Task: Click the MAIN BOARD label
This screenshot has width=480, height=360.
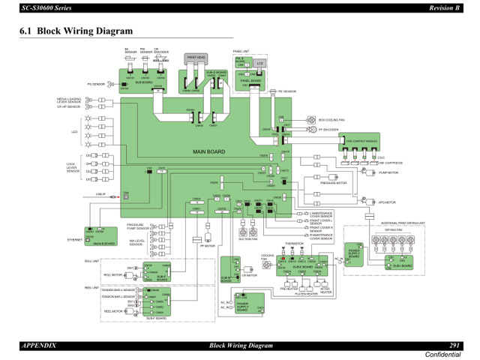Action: click(208, 152)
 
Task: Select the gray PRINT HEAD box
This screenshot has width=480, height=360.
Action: click(196, 56)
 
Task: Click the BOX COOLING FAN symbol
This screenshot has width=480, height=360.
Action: click(310, 119)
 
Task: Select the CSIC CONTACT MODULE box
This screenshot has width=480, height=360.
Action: click(362, 141)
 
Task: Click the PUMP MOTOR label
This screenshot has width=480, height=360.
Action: click(388, 173)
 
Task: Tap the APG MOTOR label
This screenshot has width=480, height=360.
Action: click(386, 202)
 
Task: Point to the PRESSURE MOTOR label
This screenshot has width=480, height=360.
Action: click(334, 182)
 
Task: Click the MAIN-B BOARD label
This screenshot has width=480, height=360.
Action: click(104, 243)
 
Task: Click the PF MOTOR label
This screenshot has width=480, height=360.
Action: click(208, 245)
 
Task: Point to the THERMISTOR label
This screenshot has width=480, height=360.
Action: click(295, 244)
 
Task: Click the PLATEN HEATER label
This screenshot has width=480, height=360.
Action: click(306, 294)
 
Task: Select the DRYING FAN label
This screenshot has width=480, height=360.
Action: click(394, 230)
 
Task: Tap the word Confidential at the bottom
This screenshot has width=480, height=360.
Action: click(442, 353)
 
